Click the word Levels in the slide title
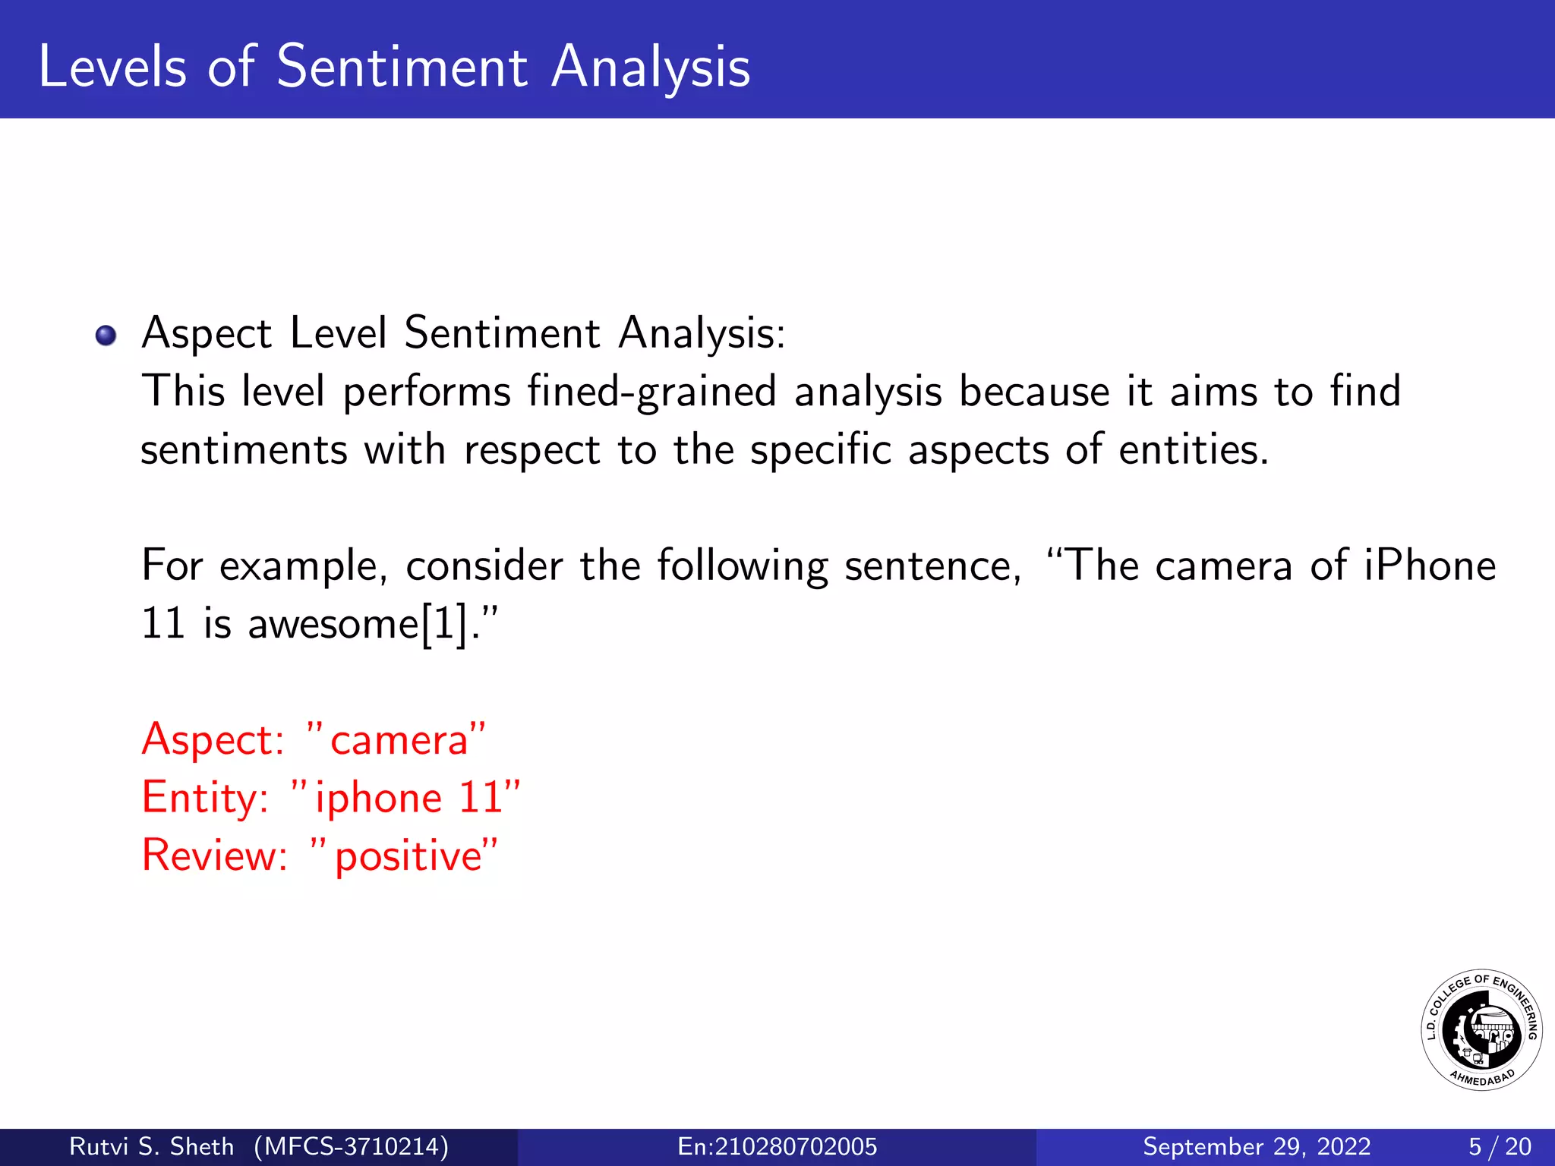pos(112,67)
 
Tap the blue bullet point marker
pos(106,335)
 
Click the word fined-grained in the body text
pos(651,392)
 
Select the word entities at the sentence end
pos(1193,449)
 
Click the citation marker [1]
pos(444,625)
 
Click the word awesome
pos(333,625)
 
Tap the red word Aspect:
pos(213,739)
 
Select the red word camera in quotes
pos(399,740)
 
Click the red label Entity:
pos(205,798)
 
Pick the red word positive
pos(408,856)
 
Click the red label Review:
pos(215,856)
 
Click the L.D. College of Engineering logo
pos(1481,1030)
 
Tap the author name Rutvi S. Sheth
pos(151,1146)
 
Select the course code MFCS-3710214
pos(351,1146)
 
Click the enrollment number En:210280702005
pos(777,1146)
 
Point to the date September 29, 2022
pos(1257,1146)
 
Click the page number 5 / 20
pos(1500,1146)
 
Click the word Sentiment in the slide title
pos(402,67)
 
